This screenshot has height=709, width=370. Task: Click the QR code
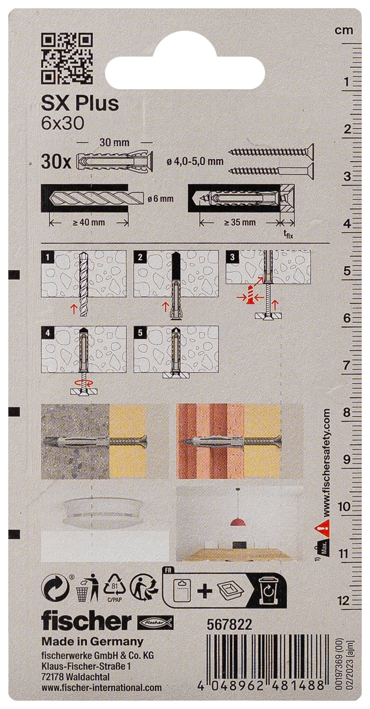67,58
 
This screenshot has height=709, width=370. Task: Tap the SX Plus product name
80,103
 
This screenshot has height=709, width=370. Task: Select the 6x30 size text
62,124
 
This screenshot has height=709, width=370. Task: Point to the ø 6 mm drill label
160,199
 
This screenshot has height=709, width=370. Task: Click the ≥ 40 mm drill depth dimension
89,222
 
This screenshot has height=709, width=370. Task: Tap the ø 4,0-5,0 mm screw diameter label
195,161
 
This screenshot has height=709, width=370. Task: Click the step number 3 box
232,257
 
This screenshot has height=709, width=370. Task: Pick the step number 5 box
140,333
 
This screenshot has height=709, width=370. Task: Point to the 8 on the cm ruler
346,412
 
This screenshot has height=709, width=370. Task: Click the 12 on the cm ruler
344,601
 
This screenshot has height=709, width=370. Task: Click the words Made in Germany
92,641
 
